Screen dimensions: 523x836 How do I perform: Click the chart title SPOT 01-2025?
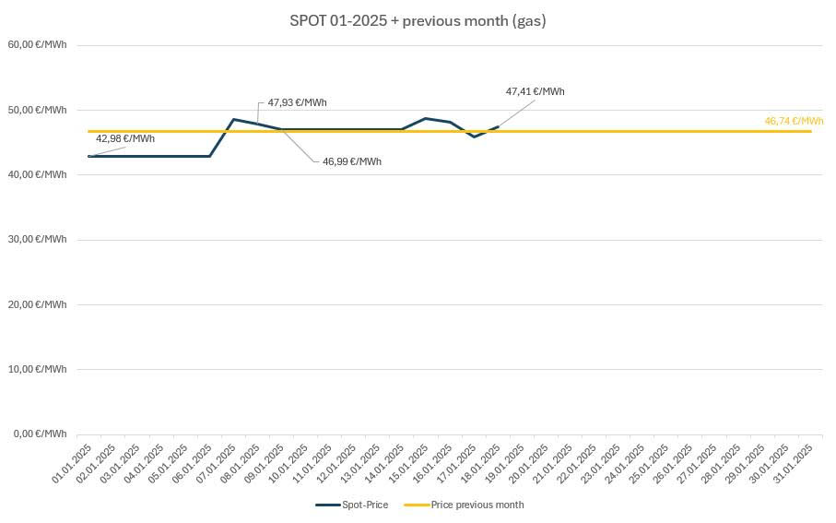tap(418, 21)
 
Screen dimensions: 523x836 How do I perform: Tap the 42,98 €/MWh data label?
tap(125, 139)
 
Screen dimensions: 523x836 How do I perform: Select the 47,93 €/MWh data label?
tap(297, 103)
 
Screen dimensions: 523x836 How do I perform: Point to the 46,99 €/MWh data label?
tap(351, 161)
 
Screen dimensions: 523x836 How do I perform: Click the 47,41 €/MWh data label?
tap(535, 92)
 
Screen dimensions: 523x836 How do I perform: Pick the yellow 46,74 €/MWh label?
tap(794, 121)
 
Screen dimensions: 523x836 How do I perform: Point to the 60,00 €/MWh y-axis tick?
tap(38, 44)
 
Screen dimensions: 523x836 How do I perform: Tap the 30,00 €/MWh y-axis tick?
tap(38, 239)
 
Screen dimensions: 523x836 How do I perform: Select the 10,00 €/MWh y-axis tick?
tap(38, 369)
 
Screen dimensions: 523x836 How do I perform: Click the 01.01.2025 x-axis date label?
tap(72, 463)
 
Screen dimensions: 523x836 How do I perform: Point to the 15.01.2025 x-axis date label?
tap(408, 463)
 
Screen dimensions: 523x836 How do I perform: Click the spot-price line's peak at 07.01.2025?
tap(233, 119)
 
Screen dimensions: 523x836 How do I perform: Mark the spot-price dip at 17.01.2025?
tap(474, 137)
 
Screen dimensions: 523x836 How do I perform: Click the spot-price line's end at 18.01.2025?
tap(498, 126)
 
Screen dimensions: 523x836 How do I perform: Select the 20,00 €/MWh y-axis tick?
tap(38, 304)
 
